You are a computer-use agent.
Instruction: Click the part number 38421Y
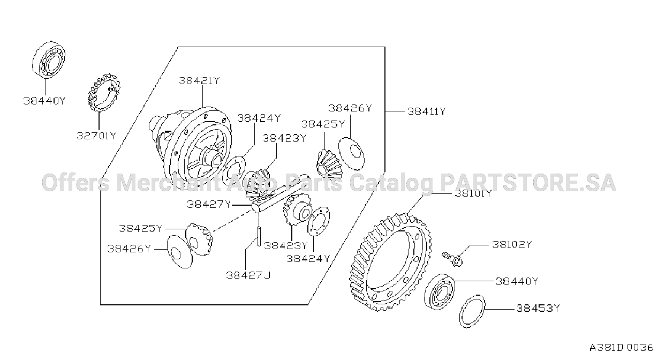coord(199,80)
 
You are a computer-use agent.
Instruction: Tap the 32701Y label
coord(97,136)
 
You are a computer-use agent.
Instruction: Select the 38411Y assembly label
coord(427,111)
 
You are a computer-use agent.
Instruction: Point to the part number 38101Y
coord(473,194)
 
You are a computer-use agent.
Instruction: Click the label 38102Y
coord(512,244)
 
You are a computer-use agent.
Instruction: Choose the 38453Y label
coord(539,308)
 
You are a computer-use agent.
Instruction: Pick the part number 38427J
coord(248,275)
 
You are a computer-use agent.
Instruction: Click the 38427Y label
coord(209,204)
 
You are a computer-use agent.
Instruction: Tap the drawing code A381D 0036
coord(621,348)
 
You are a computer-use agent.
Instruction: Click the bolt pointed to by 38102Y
coord(452,259)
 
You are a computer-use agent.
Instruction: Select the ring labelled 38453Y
coord(472,311)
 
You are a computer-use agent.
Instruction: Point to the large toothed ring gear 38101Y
coord(391,261)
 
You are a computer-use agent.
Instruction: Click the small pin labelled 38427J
coord(259,236)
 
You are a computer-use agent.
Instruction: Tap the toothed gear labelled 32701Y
coord(104,93)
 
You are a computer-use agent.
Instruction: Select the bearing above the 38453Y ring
coord(440,291)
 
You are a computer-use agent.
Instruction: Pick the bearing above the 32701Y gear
coord(49,59)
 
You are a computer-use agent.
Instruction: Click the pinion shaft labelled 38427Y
coord(281,192)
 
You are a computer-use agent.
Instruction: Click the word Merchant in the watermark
coord(169,183)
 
